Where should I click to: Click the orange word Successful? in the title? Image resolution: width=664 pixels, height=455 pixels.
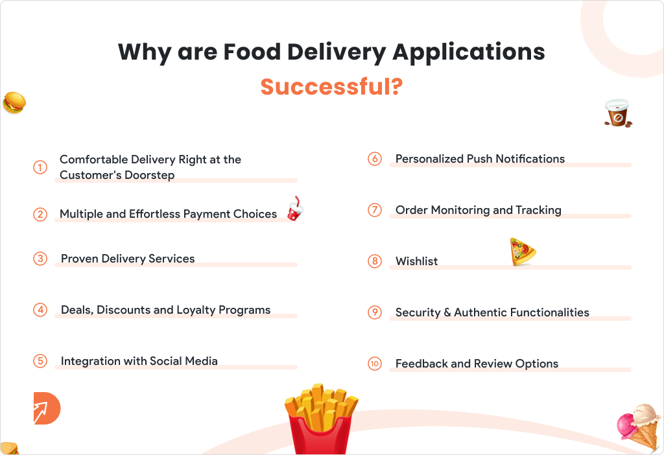[331, 87]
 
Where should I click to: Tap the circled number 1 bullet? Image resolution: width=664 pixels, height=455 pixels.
[40, 167]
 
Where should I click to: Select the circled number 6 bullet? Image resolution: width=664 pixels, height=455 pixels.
[375, 159]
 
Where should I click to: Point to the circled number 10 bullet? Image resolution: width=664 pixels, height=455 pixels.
[375, 364]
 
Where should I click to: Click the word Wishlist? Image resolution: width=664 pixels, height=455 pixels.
[417, 261]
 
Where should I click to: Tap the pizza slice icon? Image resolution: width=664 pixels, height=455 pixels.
[523, 251]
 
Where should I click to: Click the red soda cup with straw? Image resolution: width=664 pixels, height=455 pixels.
[295, 209]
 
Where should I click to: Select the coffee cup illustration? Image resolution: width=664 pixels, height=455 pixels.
[618, 113]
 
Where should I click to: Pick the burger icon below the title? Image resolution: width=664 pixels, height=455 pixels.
[14, 103]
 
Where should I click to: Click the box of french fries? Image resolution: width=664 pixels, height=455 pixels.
[321, 419]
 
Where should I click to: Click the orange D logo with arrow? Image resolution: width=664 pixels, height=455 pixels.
[47, 408]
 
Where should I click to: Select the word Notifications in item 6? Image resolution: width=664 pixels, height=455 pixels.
[530, 159]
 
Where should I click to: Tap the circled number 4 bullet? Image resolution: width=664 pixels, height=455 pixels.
[40, 310]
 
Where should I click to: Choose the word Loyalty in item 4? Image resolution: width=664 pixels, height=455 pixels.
[196, 310]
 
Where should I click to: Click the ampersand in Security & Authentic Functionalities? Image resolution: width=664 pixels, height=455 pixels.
[447, 313]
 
